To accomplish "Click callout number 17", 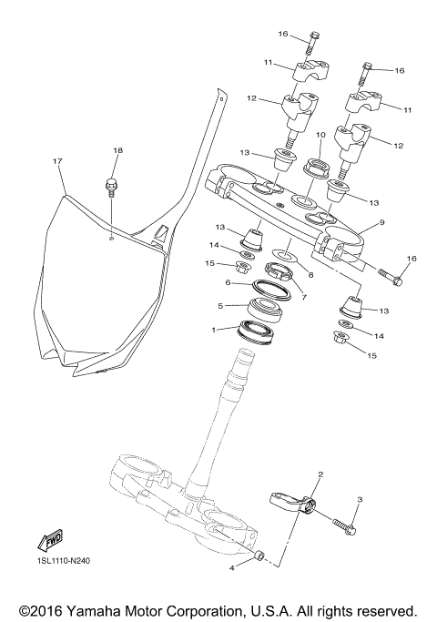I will point(57,161).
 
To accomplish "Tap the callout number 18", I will point(117,149).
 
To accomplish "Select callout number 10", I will point(320,135).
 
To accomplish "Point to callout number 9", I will point(382,221).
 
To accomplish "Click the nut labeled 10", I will point(317,167).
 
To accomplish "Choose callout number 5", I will point(219,306).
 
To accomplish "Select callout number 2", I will point(320,474).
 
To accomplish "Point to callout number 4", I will point(231,567).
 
